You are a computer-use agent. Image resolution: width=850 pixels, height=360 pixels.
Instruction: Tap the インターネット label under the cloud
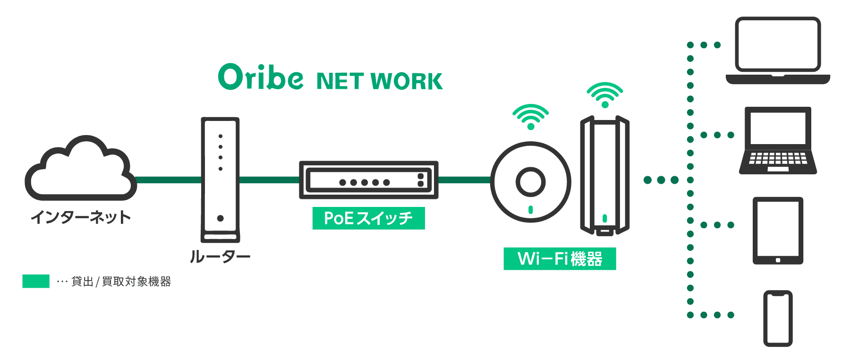pyautogui.click(x=81, y=217)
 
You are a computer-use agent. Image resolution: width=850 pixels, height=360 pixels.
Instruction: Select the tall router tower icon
pyautogui.click(x=220, y=180)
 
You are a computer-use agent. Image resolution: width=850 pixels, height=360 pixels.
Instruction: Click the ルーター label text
pyautogui.click(x=220, y=257)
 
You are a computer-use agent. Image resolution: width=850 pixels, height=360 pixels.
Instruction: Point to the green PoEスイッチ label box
pyautogui.click(x=369, y=218)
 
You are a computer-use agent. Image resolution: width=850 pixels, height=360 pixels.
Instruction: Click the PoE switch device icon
pyautogui.click(x=369, y=180)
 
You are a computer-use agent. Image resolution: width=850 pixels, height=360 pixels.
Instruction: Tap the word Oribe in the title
pyautogui.click(x=261, y=77)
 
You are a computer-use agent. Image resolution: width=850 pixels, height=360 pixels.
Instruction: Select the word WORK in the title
pyautogui.click(x=407, y=81)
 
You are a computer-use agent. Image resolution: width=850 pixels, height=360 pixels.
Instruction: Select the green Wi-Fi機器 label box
pyautogui.click(x=560, y=259)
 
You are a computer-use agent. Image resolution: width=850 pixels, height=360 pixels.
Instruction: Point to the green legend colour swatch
pyautogui.click(x=36, y=281)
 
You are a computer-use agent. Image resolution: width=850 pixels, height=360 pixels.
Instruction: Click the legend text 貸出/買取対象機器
pyautogui.click(x=121, y=282)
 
